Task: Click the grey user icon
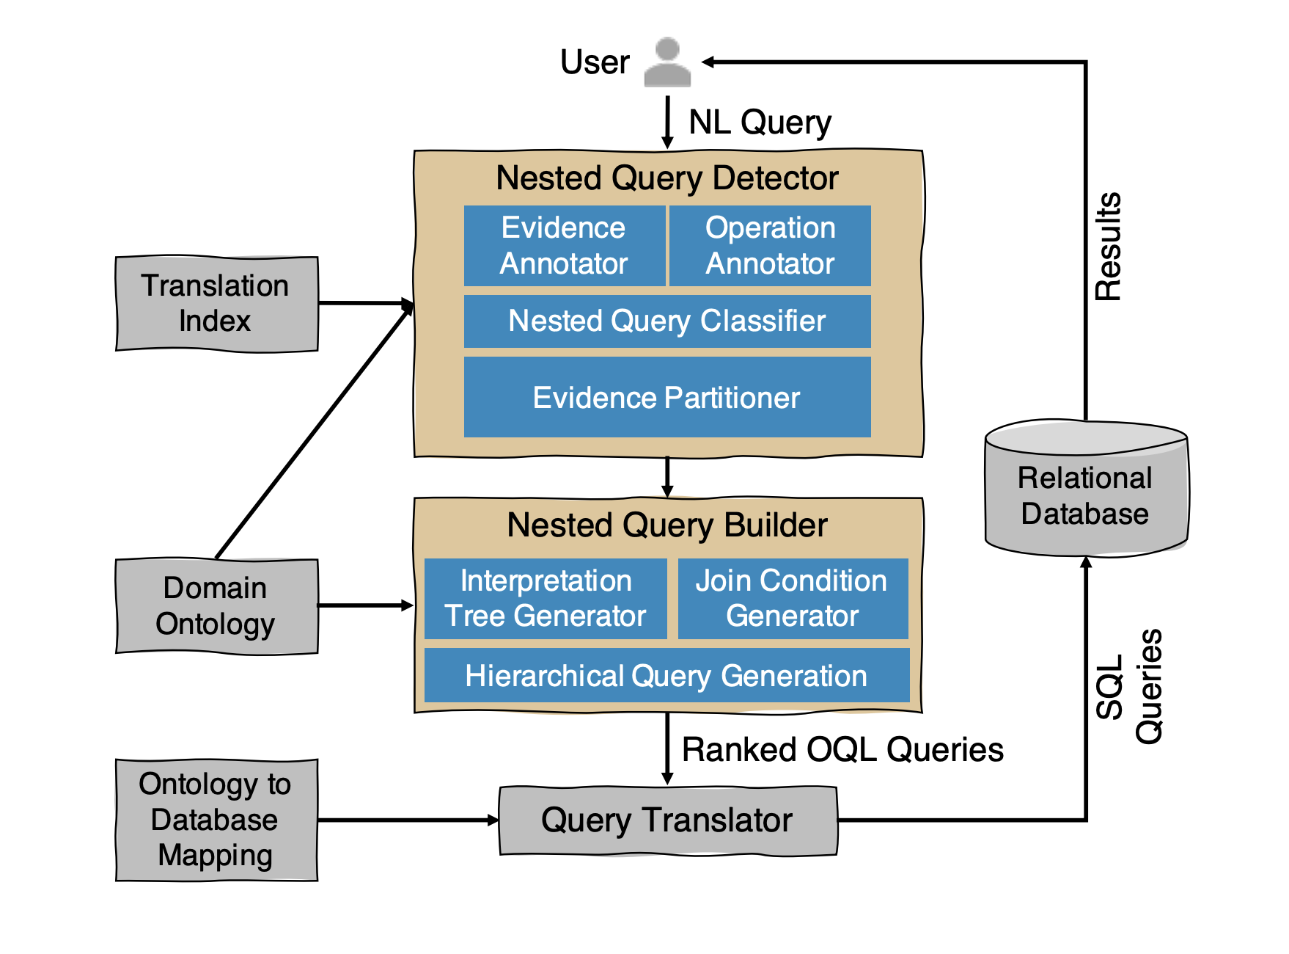[x=667, y=62]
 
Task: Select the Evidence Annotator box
[x=565, y=246]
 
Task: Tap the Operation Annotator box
[x=770, y=246]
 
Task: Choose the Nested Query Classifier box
[x=667, y=321]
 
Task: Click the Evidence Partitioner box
[x=667, y=397]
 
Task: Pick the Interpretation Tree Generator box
[x=546, y=599]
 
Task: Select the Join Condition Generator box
[x=793, y=599]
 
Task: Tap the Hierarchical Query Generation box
[x=666, y=675]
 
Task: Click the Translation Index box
[x=216, y=304]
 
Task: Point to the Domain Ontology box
[x=216, y=606]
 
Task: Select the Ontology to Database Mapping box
[x=216, y=820]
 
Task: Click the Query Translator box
[x=668, y=820]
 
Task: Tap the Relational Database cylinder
[x=1086, y=489]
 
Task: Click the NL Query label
[x=760, y=123]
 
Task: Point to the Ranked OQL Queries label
[x=842, y=750]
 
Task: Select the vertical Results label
[x=1108, y=247]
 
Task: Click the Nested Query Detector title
[x=667, y=178]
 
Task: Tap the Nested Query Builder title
[x=667, y=525]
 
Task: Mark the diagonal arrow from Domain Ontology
[x=315, y=431]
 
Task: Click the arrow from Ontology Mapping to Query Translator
[x=408, y=820]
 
